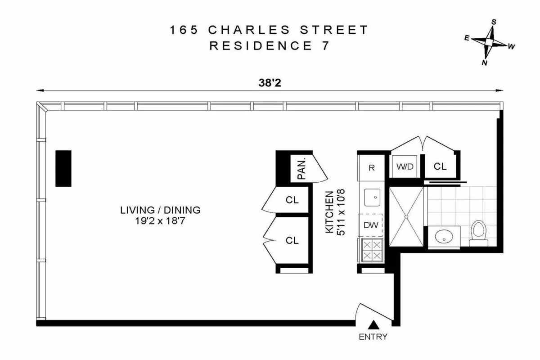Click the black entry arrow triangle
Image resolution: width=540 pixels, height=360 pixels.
click(373, 325)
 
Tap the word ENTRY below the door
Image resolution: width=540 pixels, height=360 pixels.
click(373, 337)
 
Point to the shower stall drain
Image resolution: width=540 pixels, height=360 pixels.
click(406, 216)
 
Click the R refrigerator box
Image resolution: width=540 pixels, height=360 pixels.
click(372, 168)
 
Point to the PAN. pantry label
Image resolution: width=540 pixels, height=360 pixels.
click(302, 167)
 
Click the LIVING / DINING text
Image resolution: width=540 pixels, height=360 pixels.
click(160, 210)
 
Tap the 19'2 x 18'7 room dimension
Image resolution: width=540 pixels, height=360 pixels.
click(160, 221)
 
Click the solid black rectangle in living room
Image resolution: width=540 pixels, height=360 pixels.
click(63, 168)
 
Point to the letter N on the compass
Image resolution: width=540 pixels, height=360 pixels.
click(485, 63)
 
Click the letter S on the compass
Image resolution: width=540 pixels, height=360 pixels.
click(494, 22)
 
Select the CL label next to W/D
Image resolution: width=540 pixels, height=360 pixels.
click(440, 166)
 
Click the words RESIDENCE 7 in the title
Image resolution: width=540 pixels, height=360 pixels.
click(269, 45)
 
